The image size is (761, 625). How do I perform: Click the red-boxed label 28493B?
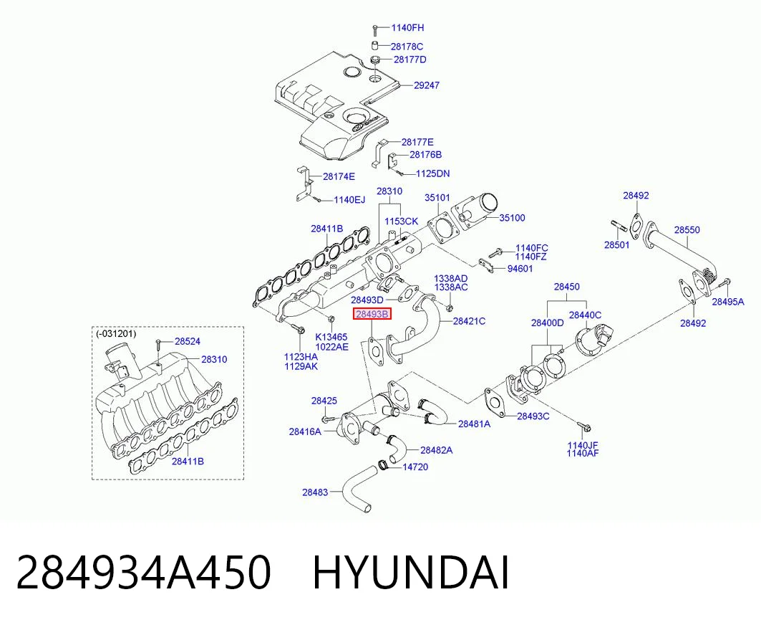point(372,314)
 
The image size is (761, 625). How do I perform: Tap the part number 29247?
point(427,85)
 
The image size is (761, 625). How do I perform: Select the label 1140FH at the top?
point(407,28)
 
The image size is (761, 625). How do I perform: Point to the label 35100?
point(512,218)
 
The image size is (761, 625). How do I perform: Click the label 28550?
point(687,229)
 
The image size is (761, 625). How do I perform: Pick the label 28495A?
point(728,301)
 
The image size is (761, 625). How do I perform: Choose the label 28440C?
point(585,315)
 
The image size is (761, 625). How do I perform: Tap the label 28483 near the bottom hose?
point(315,492)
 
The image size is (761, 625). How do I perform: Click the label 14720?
point(415,467)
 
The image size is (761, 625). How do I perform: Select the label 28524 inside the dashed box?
point(188,341)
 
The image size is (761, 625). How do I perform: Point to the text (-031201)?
point(116,333)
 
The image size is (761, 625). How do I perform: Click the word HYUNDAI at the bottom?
point(411,573)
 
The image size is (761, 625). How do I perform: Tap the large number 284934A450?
point(143,573)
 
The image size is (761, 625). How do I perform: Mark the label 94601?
point(520,268)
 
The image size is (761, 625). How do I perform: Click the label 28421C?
point(470,321)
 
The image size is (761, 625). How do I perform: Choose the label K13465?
point(331,338)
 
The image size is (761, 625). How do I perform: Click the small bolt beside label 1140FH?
point(374,29)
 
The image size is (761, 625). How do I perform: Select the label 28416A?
point(305,431)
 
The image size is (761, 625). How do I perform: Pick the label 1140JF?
point(583,444)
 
